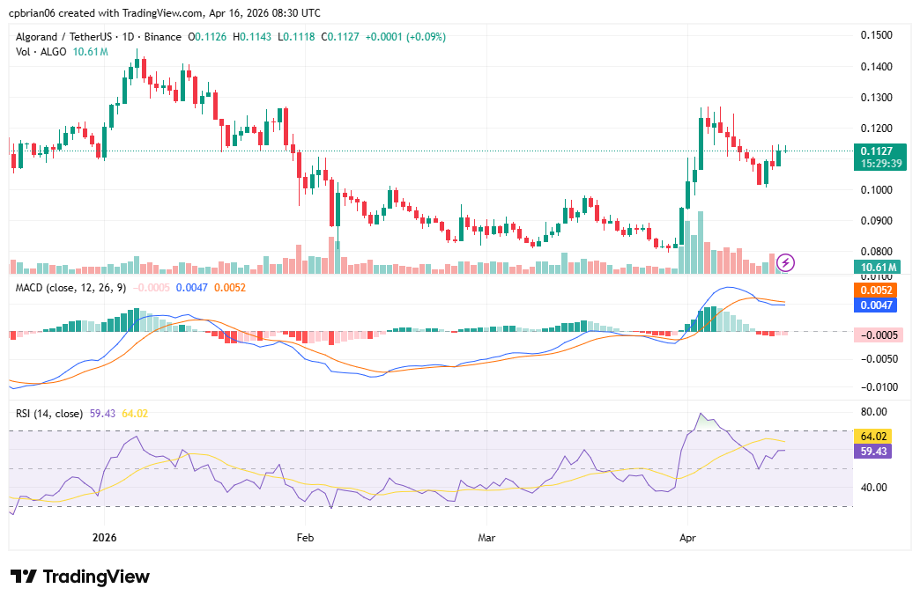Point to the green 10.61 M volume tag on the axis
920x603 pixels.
pos(879,268)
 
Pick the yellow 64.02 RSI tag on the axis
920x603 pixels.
pos(875,436)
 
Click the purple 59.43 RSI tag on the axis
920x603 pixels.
pos(875,451)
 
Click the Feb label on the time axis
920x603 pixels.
pos(305,536)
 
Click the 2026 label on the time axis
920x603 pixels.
pos(104,536)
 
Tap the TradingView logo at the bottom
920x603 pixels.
pos(80,577)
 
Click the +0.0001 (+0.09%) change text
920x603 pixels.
pos(402,37)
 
